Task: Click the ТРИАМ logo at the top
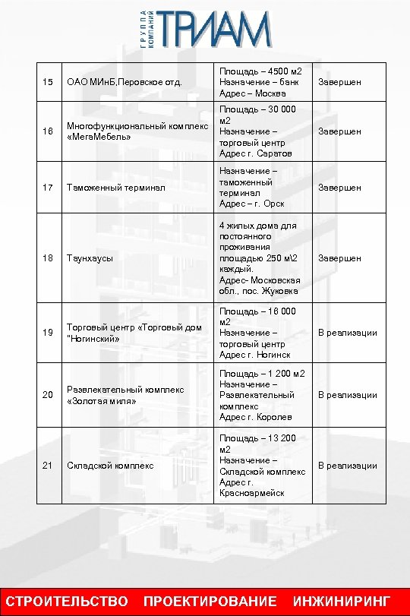pos(206,30)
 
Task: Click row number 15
pos(48,81)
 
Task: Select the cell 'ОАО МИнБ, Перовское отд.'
pos(125,81)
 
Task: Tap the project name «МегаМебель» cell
pos(137,131)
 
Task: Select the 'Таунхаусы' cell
pos(90,258)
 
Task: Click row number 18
pos(48,258)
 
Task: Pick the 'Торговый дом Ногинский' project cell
pos(134,333)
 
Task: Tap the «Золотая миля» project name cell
pos(125,395)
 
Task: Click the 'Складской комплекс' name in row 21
pos(110,465)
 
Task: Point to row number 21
pos(48,465)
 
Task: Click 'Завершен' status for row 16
pos(339,131)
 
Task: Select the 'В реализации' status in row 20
pos(347,395)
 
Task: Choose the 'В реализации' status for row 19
pos(347,333)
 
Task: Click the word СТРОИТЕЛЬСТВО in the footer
pos(68,602)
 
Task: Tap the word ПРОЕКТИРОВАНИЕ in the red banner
pos(210,602)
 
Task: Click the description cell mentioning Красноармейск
pos(263,465)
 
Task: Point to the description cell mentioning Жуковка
pos(263,258)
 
